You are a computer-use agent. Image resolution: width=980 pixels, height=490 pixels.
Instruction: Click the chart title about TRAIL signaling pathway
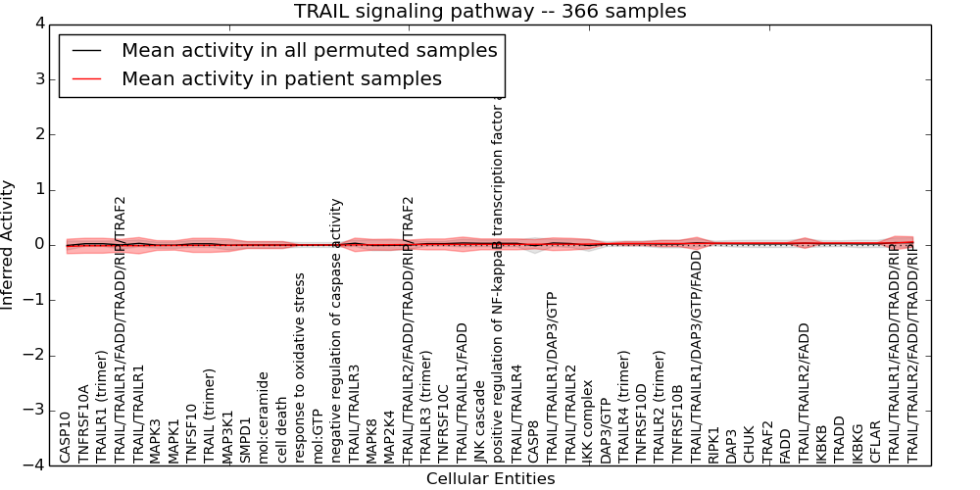pos(490,11)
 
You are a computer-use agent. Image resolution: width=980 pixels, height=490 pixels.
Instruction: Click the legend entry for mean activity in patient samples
pos(281,78)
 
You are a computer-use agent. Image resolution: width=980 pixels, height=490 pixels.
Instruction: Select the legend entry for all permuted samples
pos(309,51)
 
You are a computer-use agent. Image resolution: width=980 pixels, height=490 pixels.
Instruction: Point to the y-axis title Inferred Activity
pos(9,245)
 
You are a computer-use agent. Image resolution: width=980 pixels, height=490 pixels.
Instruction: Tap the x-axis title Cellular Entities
pos(490,479)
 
